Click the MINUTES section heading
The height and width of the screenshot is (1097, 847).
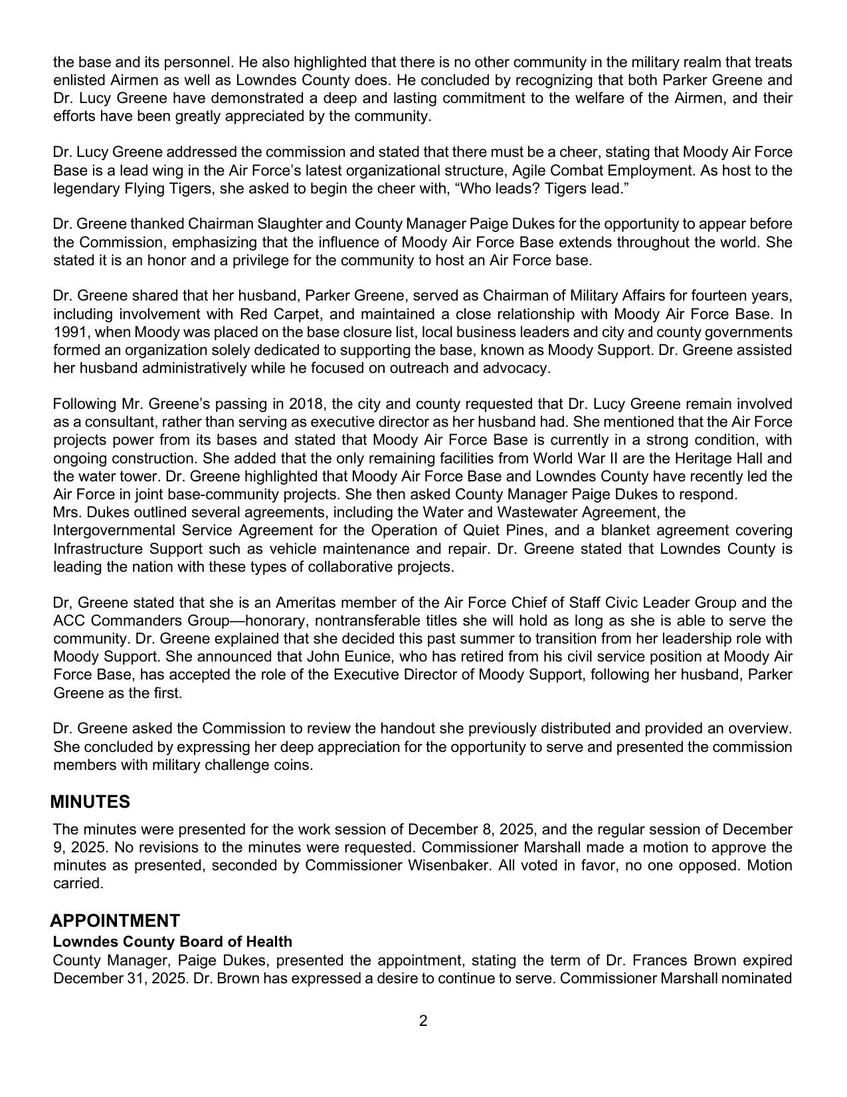pos(90,802)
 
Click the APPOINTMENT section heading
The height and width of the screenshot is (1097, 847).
pos(114,921)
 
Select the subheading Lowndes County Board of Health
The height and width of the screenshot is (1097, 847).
pos(172,942)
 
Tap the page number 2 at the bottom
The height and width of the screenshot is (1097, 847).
pos(423,1021)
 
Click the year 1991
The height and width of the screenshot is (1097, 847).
pos(68,332)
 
